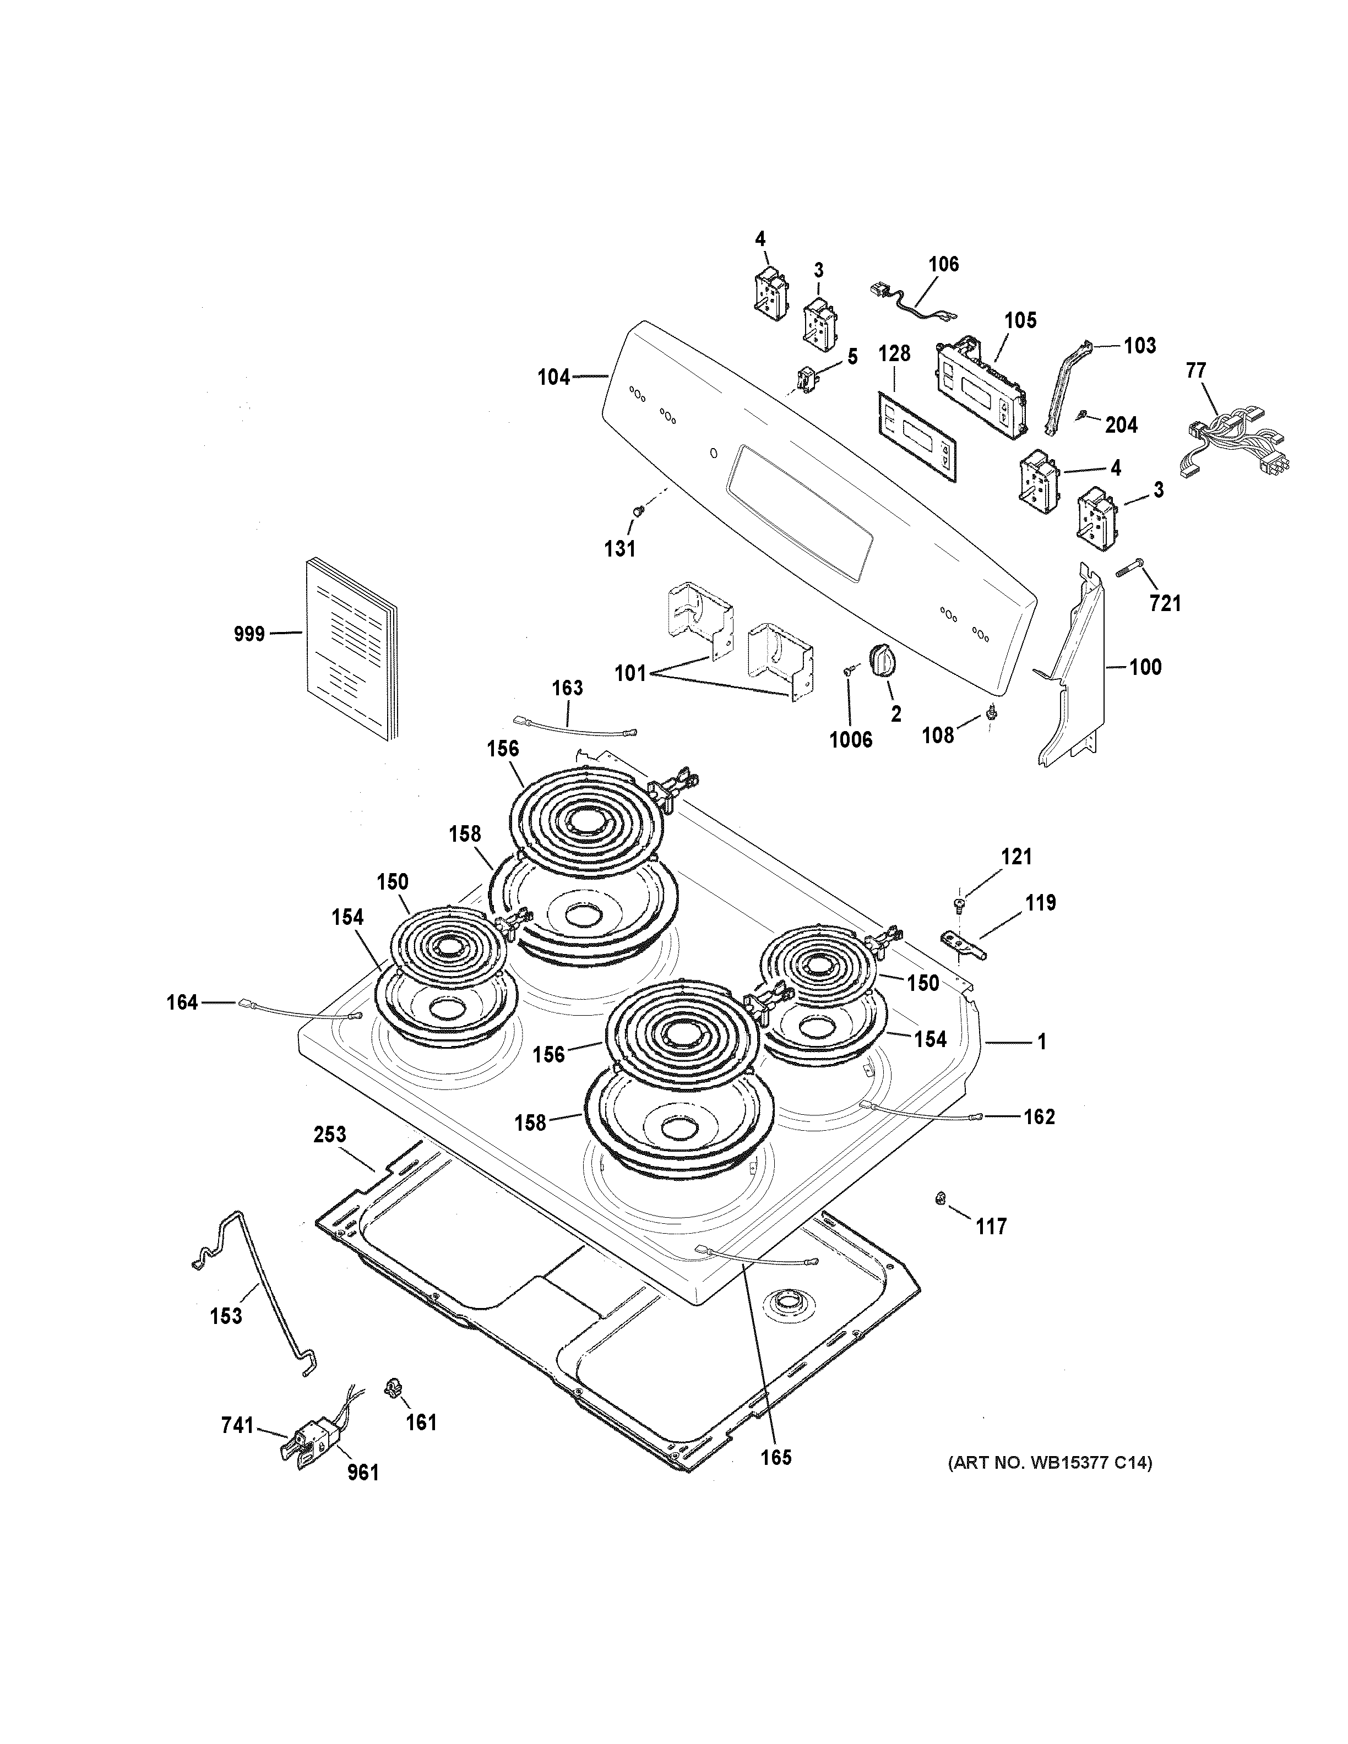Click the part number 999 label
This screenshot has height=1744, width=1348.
[248, 634]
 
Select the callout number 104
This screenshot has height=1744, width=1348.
[553, 377]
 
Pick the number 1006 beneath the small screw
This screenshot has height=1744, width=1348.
[851, 740]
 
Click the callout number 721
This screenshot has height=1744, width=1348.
[1165, 604]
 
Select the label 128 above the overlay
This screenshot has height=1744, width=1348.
[894, 354]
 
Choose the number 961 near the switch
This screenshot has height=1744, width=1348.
[362, 1473]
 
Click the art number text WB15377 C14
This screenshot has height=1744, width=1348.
[1050, 1464]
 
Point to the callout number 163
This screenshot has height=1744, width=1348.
[567, 688]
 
